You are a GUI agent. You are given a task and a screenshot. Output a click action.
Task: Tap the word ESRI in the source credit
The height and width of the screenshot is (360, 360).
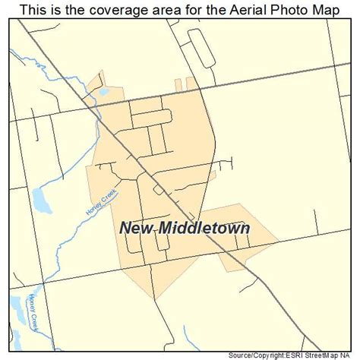click(295, 355)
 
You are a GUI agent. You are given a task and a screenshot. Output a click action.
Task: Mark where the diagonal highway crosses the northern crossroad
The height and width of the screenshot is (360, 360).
click(97, 106)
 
